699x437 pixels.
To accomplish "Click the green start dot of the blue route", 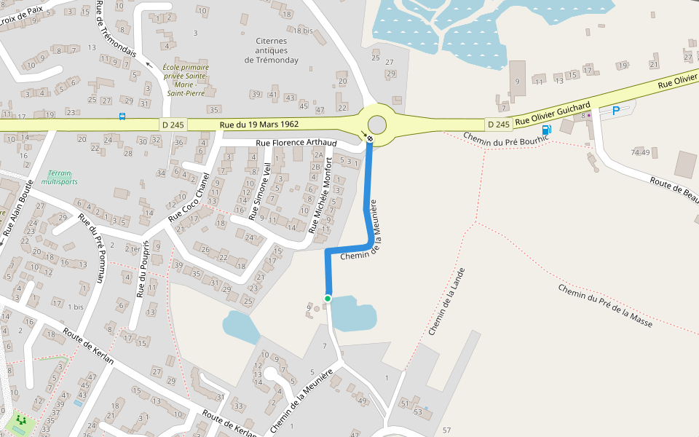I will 328,299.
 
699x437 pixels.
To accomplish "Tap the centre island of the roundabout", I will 377,125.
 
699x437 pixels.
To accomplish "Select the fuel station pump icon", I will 547,130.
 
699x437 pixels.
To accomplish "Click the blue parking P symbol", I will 616,111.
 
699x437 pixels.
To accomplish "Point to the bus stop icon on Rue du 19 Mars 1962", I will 122,116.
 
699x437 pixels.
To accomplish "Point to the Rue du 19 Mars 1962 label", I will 258,125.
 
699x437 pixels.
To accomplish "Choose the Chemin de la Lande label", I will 446,301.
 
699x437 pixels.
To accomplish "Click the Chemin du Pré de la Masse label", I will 605,304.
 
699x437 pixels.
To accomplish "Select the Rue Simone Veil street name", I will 259,192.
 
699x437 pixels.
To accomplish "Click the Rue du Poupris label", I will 143,269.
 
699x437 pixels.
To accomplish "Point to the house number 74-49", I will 641,152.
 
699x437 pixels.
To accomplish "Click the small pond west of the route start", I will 241,326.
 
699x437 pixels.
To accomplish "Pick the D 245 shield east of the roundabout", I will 499,125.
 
